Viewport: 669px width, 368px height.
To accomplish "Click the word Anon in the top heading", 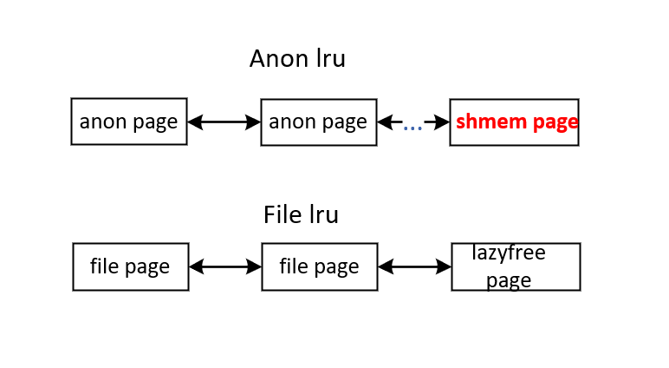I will (273, 58).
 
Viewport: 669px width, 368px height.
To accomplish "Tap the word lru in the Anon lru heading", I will (327, 58).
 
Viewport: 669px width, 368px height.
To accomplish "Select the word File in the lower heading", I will (283, 214).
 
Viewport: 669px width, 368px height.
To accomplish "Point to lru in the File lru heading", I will (323, 214).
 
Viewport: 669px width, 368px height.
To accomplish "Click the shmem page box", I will (515, 122).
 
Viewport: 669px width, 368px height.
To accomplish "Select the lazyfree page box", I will (516, 266).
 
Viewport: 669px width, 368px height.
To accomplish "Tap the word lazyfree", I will (509, 253).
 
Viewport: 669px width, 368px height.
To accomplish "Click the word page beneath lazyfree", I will (509, 280).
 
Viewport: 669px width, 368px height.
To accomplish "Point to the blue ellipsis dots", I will (412, 127).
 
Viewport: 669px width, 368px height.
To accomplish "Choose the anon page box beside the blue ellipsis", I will (318, 122).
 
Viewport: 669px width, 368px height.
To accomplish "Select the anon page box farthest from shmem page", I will (128, 122).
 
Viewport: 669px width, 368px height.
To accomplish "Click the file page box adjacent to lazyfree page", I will (319, 266).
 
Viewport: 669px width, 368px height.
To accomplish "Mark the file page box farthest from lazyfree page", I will (130, 266).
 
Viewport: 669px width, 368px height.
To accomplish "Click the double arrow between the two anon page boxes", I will (224, 122).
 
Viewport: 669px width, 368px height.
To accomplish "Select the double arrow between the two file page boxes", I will (225, 266).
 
